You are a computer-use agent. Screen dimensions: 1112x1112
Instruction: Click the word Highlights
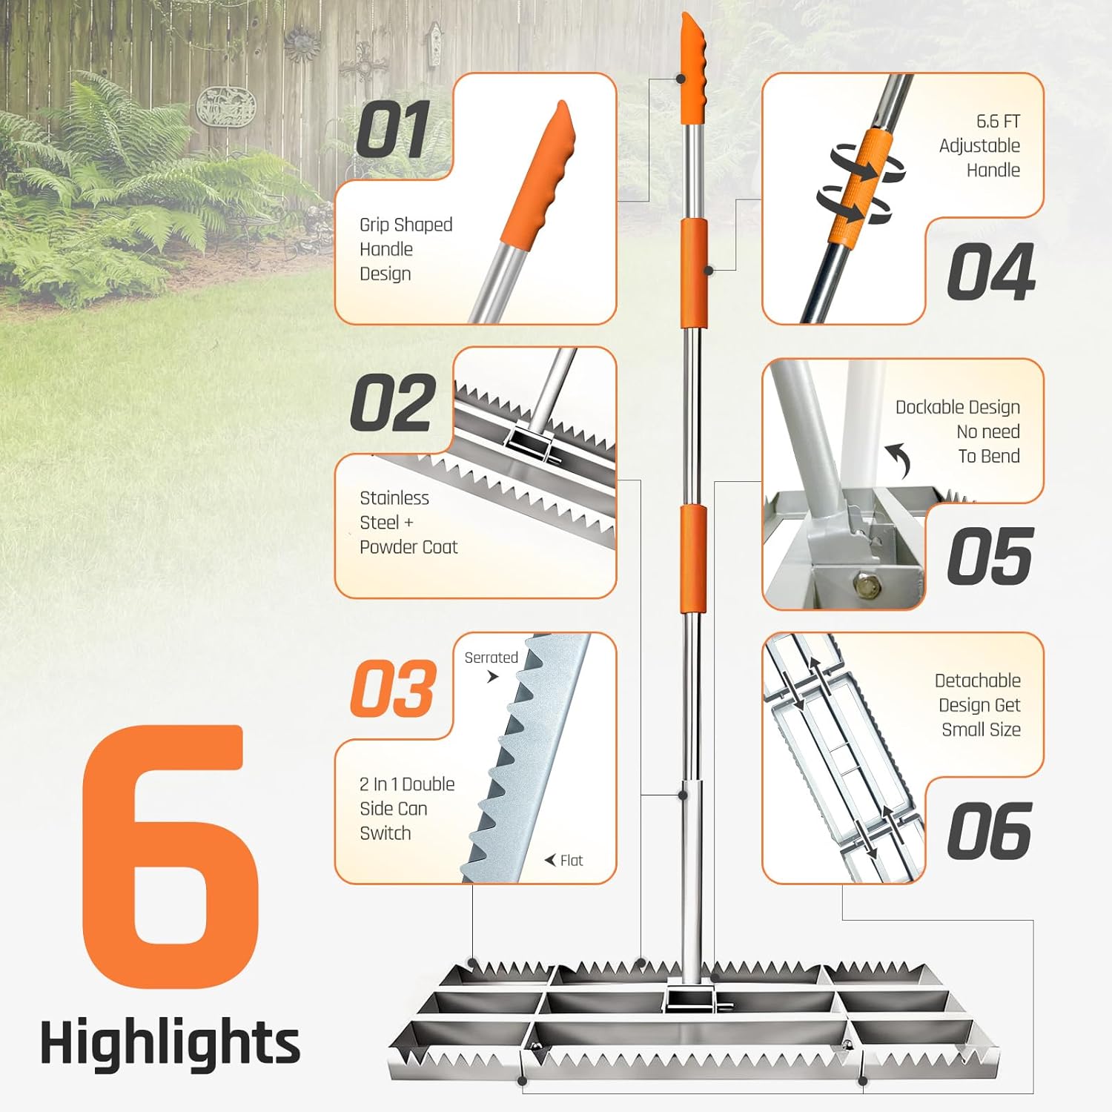(x=170, y=1042)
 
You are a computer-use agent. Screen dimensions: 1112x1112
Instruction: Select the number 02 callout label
(x=393, y=404)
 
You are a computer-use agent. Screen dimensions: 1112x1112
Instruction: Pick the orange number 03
(x=393, y=689)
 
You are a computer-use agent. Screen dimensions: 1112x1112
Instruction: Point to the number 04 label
(x=990, y=272)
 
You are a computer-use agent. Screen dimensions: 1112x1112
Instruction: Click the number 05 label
(x=990, y=557)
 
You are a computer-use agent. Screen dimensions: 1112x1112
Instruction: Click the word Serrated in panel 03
(x=491, y=658)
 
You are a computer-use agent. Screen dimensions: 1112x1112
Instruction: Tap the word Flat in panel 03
(x=571, y=861)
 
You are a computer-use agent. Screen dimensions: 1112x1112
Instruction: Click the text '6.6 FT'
(x=998, y=122)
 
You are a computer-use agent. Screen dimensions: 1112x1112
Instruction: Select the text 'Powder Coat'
(x=408, y=547)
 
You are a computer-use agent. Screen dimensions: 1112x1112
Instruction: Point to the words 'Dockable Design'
(x=957, y=407)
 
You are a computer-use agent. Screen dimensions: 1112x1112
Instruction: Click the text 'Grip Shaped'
(x=406, y=225)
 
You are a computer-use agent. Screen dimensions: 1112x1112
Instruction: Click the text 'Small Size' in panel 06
(x=981, y=730)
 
